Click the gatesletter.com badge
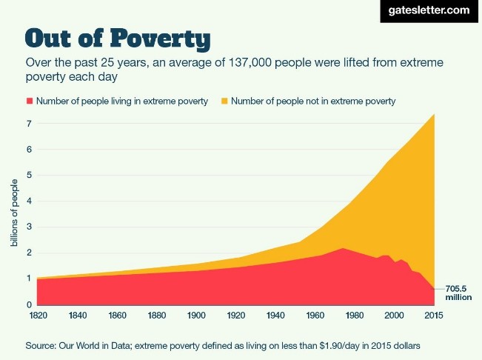tap(429, 10)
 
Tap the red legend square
tap(30, 101)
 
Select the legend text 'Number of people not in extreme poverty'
tap(313, 101)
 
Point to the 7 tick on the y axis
tap(28, 123)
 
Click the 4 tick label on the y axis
tap(28, 201)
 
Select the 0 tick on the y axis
tap(28, 304)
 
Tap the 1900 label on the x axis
tap(196, 316)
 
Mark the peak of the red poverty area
tap(342, 248)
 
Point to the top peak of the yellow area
tap(433, 114)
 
